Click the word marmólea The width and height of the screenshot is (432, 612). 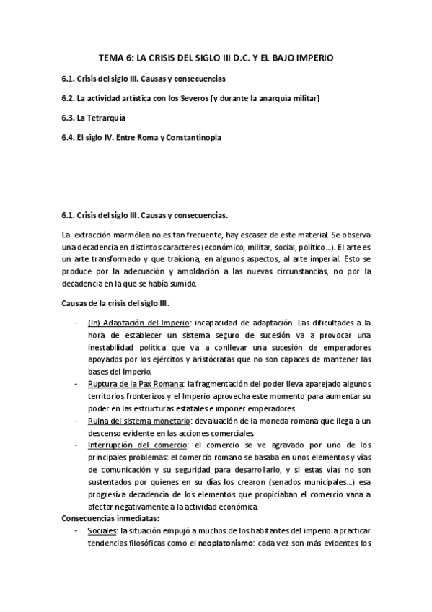128,235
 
